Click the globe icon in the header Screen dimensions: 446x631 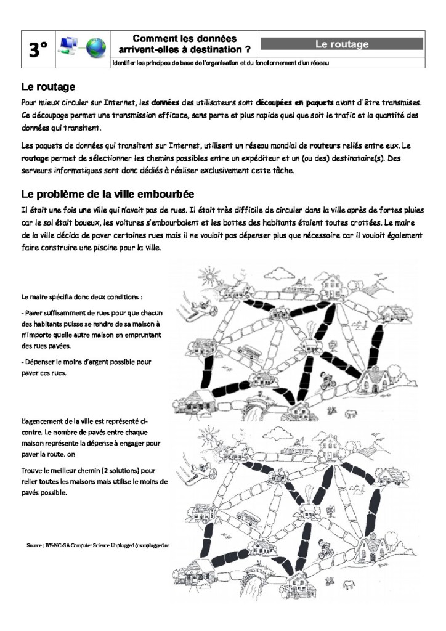96,48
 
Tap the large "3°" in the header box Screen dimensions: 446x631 38,49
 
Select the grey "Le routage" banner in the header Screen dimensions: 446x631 342,44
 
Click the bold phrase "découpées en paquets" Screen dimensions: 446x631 294,103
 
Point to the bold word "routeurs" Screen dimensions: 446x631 325,145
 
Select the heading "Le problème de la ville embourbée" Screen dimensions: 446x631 108,194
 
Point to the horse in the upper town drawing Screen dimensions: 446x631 352,413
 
